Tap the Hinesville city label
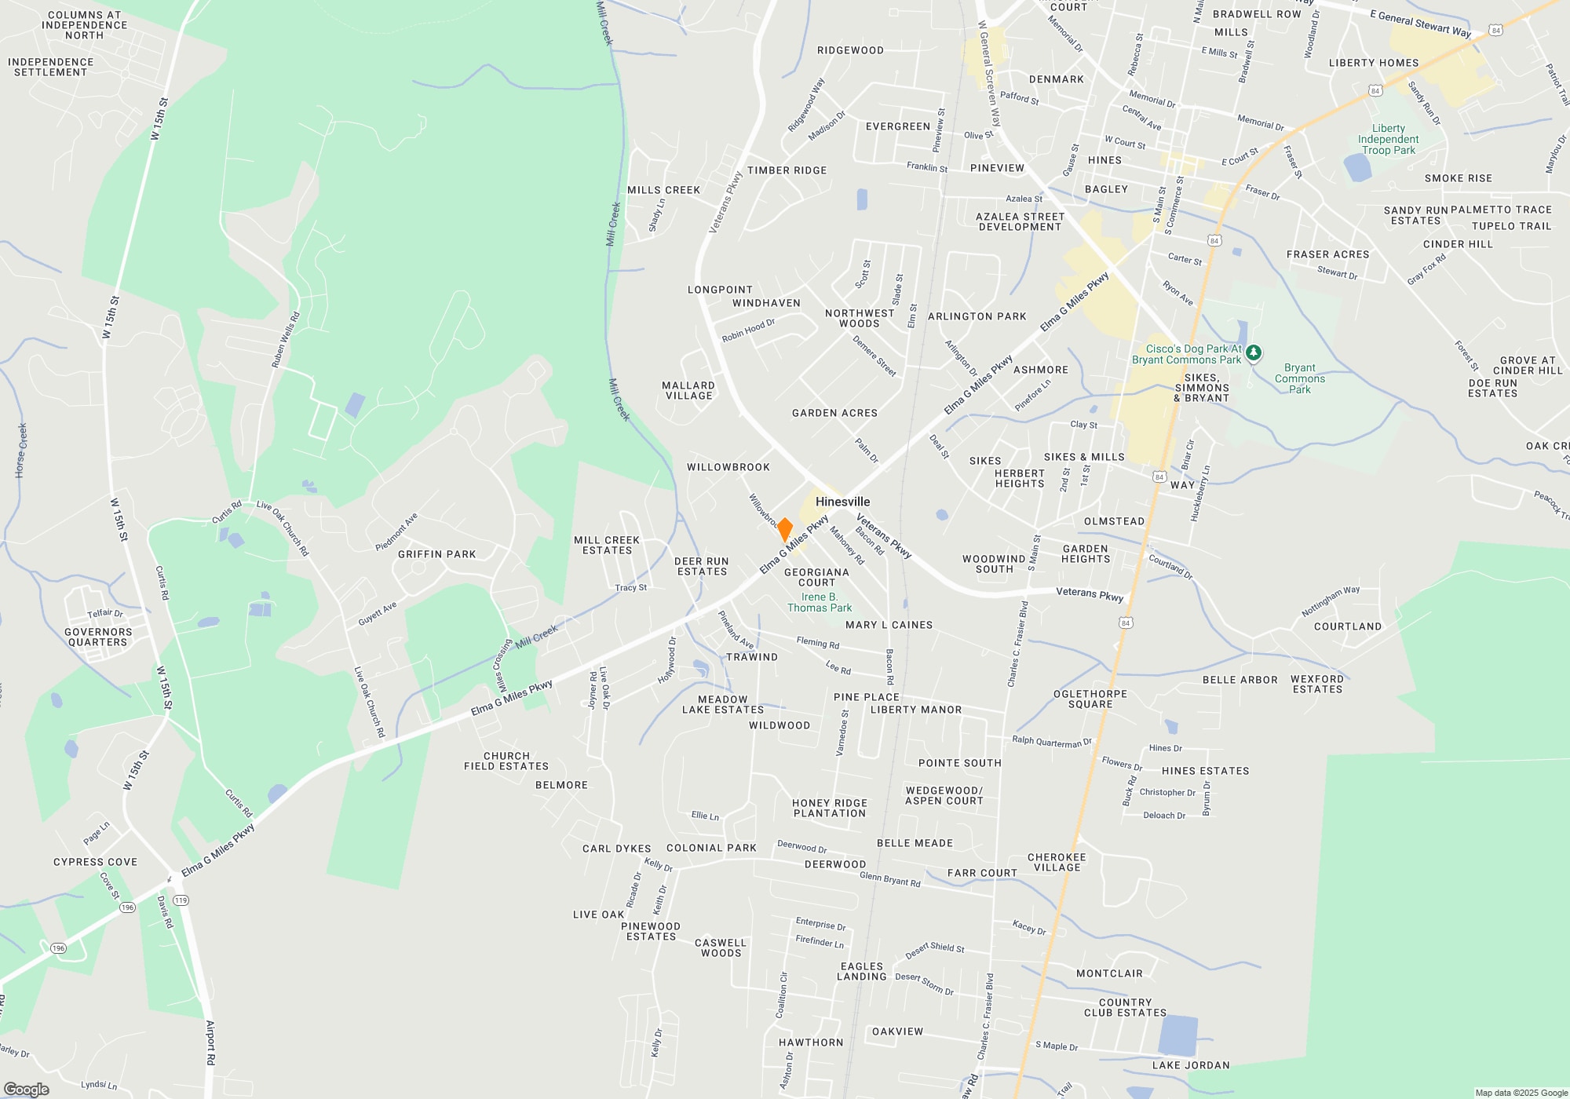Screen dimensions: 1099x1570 842,502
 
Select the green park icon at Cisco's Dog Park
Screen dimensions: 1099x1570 1254,352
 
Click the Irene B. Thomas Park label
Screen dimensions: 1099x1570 820,602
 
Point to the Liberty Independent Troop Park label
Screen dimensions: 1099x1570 1388,140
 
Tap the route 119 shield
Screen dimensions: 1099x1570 181,900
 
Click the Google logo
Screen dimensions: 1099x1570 26,1090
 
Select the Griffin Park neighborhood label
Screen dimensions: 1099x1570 436,554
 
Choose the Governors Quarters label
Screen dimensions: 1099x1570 98,637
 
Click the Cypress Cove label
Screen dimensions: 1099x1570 95,862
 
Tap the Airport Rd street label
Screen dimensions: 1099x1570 210,1042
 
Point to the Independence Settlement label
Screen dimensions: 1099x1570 50,67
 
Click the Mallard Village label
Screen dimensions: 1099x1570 688,390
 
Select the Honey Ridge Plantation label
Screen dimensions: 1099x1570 830,808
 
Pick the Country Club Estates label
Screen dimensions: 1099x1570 1125,1007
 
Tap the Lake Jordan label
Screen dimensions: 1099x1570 1191,1065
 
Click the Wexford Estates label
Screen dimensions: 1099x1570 1317,684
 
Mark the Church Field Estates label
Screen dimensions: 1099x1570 506,761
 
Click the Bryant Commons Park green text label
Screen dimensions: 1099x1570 1299,378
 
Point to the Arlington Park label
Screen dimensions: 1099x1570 977,316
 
